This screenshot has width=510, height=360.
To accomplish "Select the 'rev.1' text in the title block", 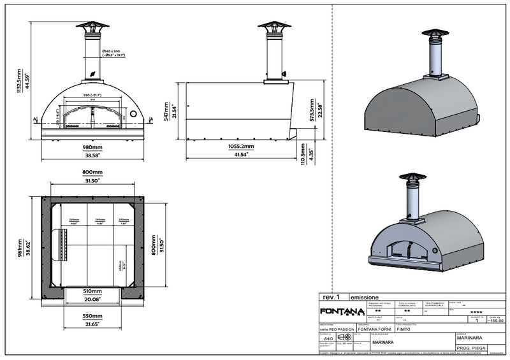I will click(330, 298).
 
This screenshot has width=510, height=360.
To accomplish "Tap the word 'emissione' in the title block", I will click(366, 298).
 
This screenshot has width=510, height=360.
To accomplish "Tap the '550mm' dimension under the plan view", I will click(93, 316).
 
